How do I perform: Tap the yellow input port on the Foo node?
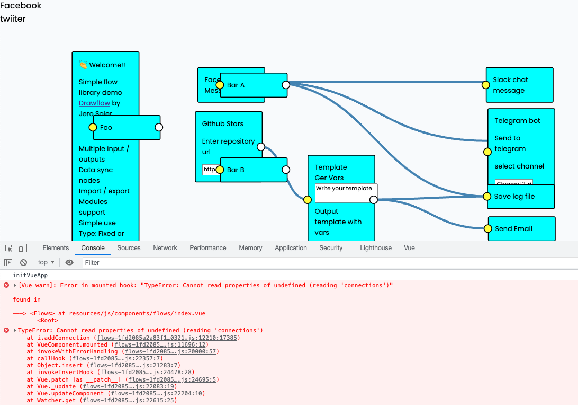click(x=93, y=127)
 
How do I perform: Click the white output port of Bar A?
click(x=286, y=85)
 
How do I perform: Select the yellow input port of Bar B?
click(x=220, y=170)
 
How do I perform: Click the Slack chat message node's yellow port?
click(x=486, y=84)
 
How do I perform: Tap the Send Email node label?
click(x=513, y=229)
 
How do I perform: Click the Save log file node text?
click(x=514, y=197)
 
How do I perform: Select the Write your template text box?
click(x=346, y=193)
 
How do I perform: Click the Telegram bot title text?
click(x=517, y=121)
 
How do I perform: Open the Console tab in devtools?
click(x=93, y=248)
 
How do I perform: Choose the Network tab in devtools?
click(x=165, y=248)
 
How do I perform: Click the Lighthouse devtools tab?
click(x=376, y=248)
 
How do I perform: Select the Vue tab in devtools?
click(x=409, y=248)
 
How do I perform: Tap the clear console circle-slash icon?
click(x=23, y=262)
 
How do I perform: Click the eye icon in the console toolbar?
click(x=69, y=262)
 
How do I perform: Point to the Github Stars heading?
click(x=223, y=124)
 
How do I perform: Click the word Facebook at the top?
click(x=21, y=6)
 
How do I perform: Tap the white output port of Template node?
click(x=373, y=200)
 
